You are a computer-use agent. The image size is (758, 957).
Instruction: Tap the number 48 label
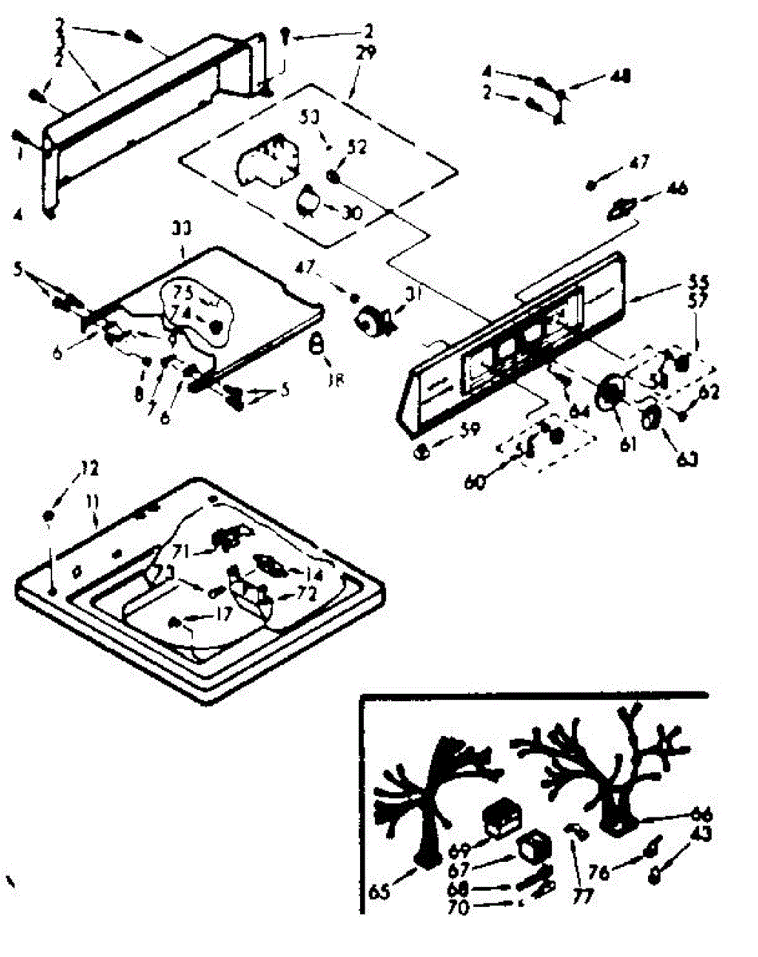tap(620, 77)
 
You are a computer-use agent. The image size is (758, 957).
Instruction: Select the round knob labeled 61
tap(610, 392)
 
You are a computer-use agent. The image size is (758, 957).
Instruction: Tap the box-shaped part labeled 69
tap(501, 818)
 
